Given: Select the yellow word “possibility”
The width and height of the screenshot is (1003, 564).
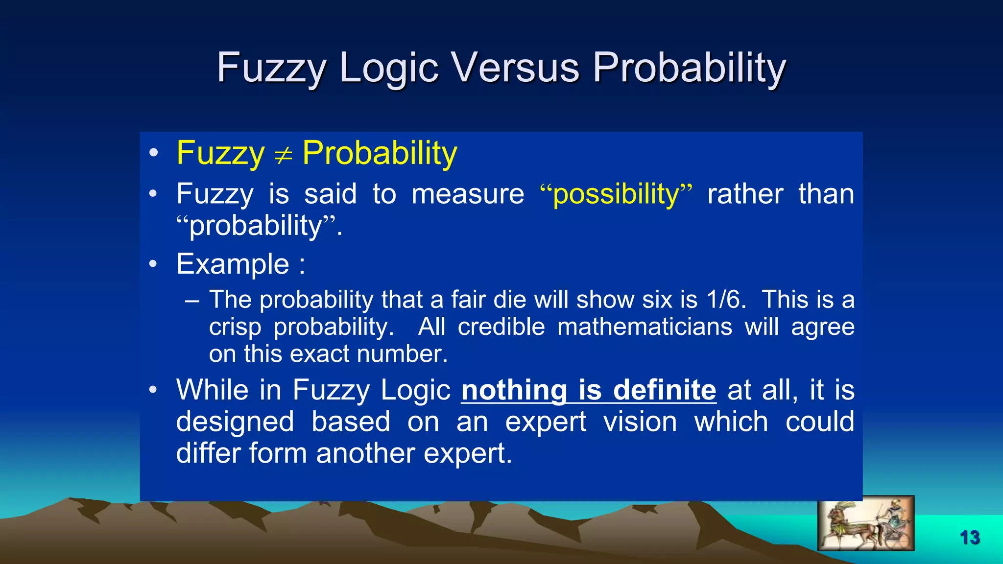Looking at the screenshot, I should pyautogui.click(x=616, y=194).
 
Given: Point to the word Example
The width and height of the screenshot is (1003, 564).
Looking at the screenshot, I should pyautogui.click(x=233, y=264).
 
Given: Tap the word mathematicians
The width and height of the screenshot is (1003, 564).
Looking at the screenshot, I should pyautogui.click(x=645, y=327).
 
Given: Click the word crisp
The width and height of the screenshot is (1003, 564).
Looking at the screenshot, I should pyautogui.click(x=235, y=327).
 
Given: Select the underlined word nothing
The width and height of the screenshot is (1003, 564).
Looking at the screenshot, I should pyautogui.click(x=514, y=390).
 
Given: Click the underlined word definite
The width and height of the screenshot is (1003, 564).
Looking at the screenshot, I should pyautogui.click(x=665, y=390).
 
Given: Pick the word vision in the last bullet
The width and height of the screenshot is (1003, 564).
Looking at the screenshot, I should pyautogui.click(x=640, y=422).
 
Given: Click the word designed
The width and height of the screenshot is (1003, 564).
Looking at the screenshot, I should pyautogui.click(x=235, y=422).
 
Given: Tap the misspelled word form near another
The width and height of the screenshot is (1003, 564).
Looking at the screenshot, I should pyautogui.click(x=278, y=453).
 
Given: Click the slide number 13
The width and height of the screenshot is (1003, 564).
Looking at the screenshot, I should pyautogui.click(x=970, y=538).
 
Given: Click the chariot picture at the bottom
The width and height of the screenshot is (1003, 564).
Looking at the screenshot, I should pyautogui.click(x=865, y=523).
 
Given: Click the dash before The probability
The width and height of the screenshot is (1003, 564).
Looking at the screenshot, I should pyautogui.click(x=192, y=300).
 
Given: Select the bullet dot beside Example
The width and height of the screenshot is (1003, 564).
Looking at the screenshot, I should pyautogui.click(x=153, y=264).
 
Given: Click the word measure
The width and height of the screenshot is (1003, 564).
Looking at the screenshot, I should pyautogui.click(x=468, y=194).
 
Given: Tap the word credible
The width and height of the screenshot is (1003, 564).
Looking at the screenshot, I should pyautogui.click(x=501, y=327).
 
